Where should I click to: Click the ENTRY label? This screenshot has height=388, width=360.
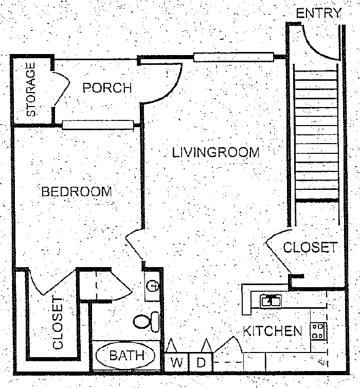point(319,13)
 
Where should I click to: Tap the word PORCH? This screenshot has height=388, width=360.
point(107,87)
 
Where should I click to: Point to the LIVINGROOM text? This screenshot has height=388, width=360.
point(215,152)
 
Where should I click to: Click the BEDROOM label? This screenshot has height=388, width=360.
point(77,192)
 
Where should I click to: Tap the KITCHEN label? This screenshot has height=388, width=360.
point(272,330)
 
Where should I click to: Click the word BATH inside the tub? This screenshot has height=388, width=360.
point(124,355)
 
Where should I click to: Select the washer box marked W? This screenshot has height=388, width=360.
point(177,362)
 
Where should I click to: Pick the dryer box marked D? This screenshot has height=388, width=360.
point(202,362)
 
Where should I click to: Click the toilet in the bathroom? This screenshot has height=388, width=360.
point(147,321)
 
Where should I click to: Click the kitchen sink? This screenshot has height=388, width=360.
point(270,301)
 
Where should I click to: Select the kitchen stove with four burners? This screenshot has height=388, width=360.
point(318,330)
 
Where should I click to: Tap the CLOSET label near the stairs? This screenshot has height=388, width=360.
point(310,247)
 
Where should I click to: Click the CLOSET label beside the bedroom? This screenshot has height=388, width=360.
point(58,323)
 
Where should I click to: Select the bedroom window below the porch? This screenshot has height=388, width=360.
point(98,124)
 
